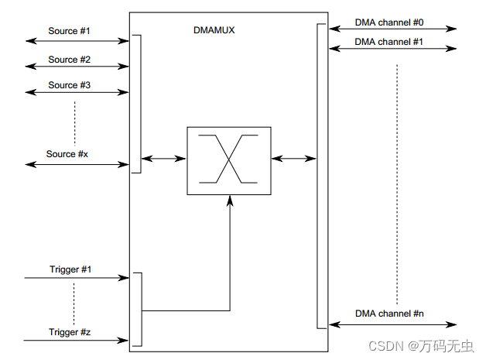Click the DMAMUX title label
pyautogui.click(x=214, y=31)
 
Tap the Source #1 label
pyautogui.click(x=69, y=31)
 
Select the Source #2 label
pyautogui.click(x=69, y=60)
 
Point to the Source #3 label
pyautogui.click(x=69, y=85)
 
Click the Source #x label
pyautogui.click(x=67, y=154)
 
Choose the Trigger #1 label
pyautogui.click(x=70, y=269)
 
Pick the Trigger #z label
pyautogui.click(x=70, y=332)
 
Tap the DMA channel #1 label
pyautogui.click(x=389, y=43)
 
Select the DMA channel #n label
pyautogui.click(x=389, y=314)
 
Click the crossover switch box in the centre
pyautogui.click(x=229, y=160)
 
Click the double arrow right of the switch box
pyautogui.click(x=294, y=159)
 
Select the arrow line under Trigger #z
pyautogui.click(x=76, y=340)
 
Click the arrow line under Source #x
pyautogui.click(x=77, y=164)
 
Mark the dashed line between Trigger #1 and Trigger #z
pyautogui.click(x=75, y=302)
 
